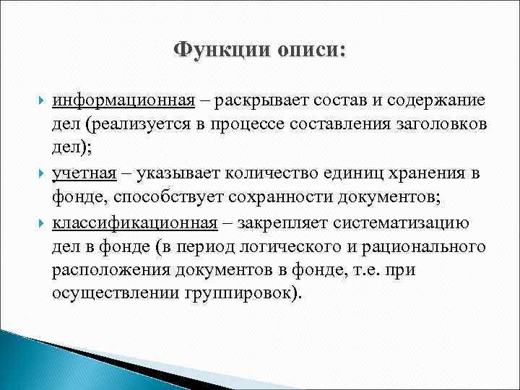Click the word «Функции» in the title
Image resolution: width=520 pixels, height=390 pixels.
[215, 51]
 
